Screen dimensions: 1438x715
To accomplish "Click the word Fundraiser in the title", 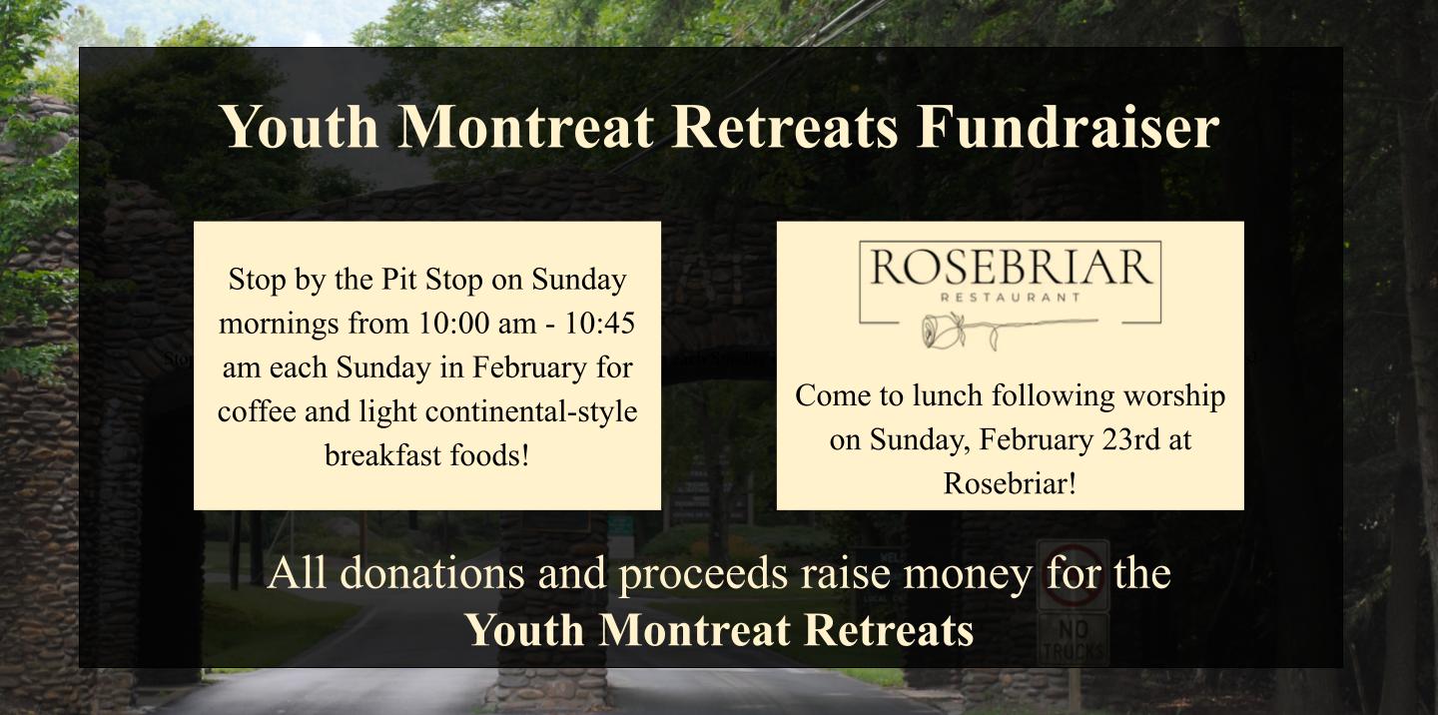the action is (x=1067, y=127).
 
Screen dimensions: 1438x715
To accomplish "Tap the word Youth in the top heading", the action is (x=300, y=127).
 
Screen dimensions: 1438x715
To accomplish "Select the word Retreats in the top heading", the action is (x=784, y=127).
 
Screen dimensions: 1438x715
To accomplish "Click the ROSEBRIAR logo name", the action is (x=1011, y=268).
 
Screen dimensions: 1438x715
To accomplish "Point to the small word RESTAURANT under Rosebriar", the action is (x=1011, y=298).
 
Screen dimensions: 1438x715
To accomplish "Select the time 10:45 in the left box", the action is (x=599, y=323).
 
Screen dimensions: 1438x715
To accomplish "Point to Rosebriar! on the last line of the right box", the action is (x=1010, y=483).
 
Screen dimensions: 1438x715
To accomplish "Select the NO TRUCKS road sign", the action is (x=1073, y=639).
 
